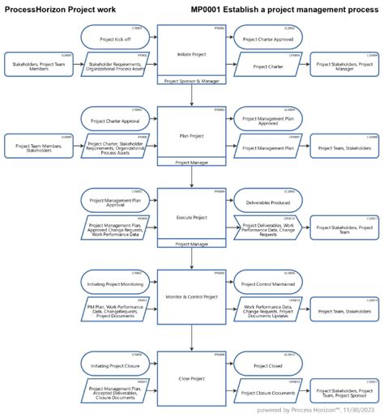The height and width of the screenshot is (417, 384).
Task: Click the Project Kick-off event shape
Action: pyautogui.click(x=113, y=36)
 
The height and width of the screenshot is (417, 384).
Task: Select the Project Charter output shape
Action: pyautogui.click(x=267, y=66)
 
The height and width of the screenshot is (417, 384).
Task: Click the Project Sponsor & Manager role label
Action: pyautogui.click(x=191, y=82)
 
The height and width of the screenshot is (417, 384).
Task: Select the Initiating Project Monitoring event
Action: pyautogui.click(x=113, y=280)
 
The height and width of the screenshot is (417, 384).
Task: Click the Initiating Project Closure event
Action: pyautogui.click(x=113, y=360)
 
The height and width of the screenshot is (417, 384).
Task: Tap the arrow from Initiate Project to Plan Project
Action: pyautogui.click(x=191, y=96)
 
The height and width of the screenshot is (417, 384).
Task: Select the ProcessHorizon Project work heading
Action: pyautogui.click(x=61, y=10)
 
